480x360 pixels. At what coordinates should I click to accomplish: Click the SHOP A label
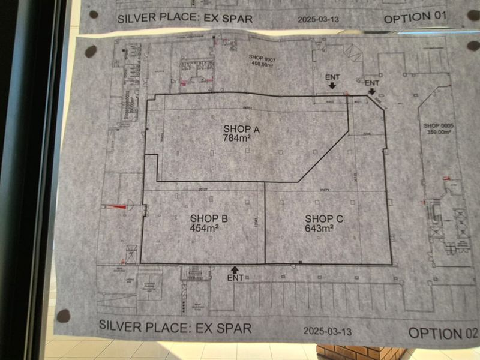(241, 129)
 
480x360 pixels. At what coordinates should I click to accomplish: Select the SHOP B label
(208, 218)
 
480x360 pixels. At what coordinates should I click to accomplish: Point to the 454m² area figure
(205, 228)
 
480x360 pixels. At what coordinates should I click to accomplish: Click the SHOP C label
(324, 218)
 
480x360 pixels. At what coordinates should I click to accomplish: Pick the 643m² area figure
(319, 228)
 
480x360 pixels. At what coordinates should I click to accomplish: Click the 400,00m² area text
(262, 64)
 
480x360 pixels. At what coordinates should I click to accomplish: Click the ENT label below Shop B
(236, 279)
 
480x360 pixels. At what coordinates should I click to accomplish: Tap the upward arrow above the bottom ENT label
(235, 269)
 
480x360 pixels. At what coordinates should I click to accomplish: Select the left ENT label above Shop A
(332, 77)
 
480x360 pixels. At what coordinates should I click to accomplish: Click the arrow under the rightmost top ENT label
(372, 91)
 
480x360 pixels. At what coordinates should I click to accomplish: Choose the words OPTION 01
(415, 17)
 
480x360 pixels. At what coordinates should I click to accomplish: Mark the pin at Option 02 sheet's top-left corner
(91, 52)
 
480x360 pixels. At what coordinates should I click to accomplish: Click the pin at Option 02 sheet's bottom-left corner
(63, 316)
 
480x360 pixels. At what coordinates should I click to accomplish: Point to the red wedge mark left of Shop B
(114, 207)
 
